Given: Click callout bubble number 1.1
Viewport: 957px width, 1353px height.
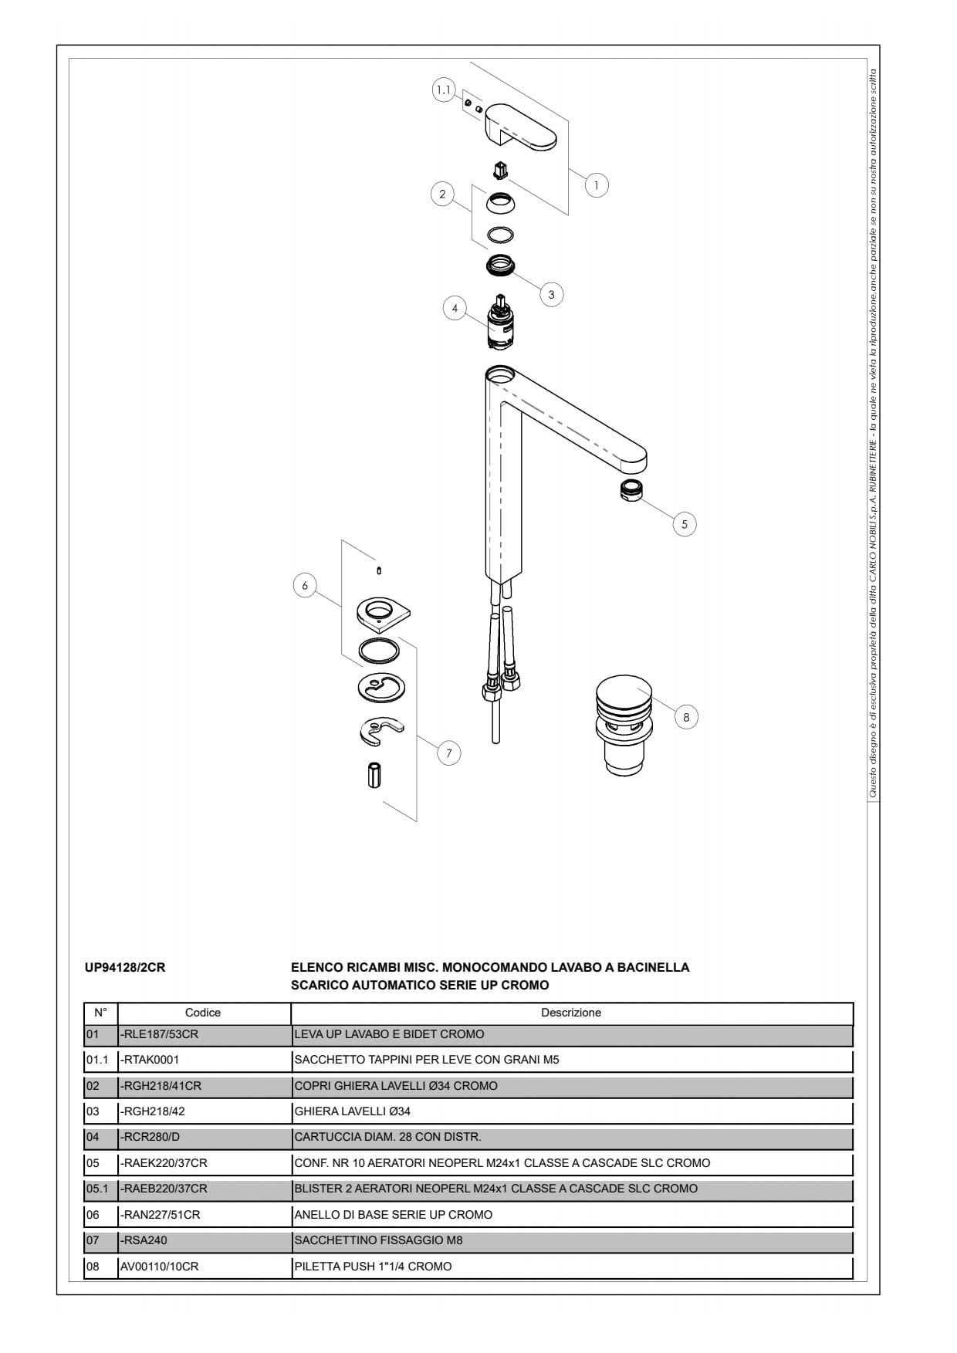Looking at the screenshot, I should tap(443, 90).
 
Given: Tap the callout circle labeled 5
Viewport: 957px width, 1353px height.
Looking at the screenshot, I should tap(684, 524).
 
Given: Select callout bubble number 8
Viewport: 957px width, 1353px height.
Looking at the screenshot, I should tap(686, 717).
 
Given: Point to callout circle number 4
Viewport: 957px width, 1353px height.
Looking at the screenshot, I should tap(455, 309).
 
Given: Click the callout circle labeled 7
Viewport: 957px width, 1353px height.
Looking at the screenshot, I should tap(449, 753).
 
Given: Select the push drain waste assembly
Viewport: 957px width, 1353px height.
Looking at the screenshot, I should tap(624, 726).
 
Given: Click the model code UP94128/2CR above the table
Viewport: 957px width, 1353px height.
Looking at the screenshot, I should tap(124, 967).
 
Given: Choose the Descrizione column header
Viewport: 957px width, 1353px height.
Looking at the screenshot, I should tap(571, 1013).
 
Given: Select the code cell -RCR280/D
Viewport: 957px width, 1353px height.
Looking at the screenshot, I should tap(150, 1137).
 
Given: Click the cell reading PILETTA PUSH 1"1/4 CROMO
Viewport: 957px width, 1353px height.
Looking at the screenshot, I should tap(373, 1267).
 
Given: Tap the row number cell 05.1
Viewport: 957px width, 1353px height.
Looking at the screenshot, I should tap(97, 1189).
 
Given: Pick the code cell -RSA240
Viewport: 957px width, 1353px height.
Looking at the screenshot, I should tap(144, 1240).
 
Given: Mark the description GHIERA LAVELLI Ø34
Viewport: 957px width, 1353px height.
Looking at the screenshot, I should tap(352, 1111).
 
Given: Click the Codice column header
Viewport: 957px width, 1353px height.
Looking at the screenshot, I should tap(203, 1013).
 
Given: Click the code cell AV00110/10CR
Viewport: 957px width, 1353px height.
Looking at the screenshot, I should tap(159, 1267).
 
